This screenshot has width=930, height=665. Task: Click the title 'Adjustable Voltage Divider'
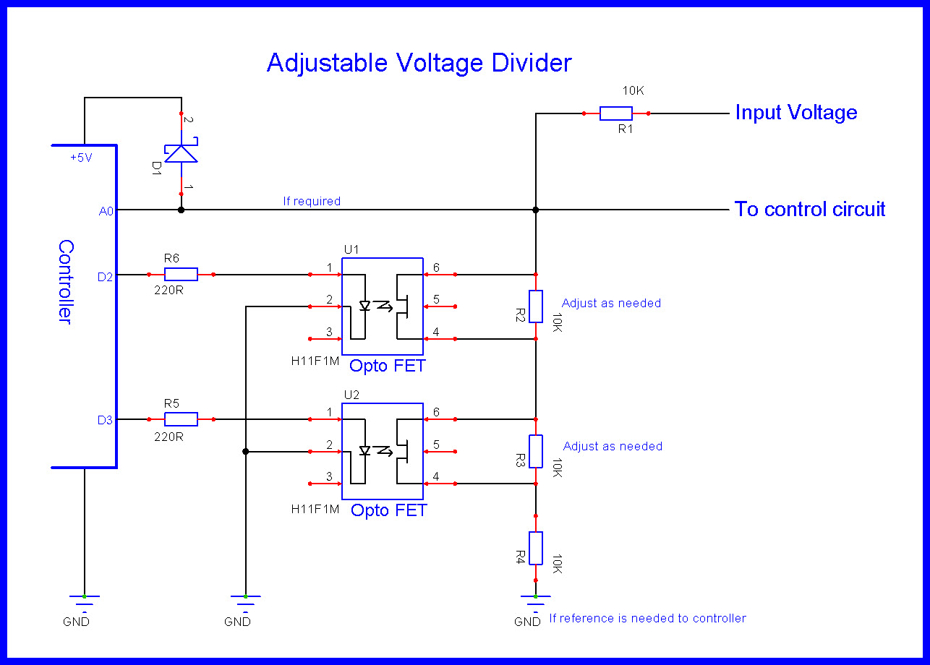pos(419,64)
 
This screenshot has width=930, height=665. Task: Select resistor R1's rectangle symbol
pos(615,113)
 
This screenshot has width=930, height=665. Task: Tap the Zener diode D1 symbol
pos(181,150)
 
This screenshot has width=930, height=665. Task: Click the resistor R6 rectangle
pos(181,275)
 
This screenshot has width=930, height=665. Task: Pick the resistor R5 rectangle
pos(181,419)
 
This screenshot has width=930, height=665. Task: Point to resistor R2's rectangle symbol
pos(536,306)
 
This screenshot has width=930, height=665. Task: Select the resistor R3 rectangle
pos(536,451)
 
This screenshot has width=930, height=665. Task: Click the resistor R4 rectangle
pos(536,548)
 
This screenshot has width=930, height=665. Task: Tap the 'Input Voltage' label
pos(796,113)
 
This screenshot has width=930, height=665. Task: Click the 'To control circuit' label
pos(810,209)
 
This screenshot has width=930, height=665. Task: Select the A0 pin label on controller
pos(106,211)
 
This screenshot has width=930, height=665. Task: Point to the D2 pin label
pos(105,277)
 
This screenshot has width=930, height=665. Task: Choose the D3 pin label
pos(105,420)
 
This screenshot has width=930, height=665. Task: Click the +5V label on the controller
pos(82,158)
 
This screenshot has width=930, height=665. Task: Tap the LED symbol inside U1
pos(365,306)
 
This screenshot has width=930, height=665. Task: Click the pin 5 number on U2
pos(436,444)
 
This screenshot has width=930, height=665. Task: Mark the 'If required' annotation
pos(312,201)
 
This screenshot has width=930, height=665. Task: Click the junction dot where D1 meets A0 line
pos(181,210)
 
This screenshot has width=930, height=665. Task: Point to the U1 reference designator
pos(351,249)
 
